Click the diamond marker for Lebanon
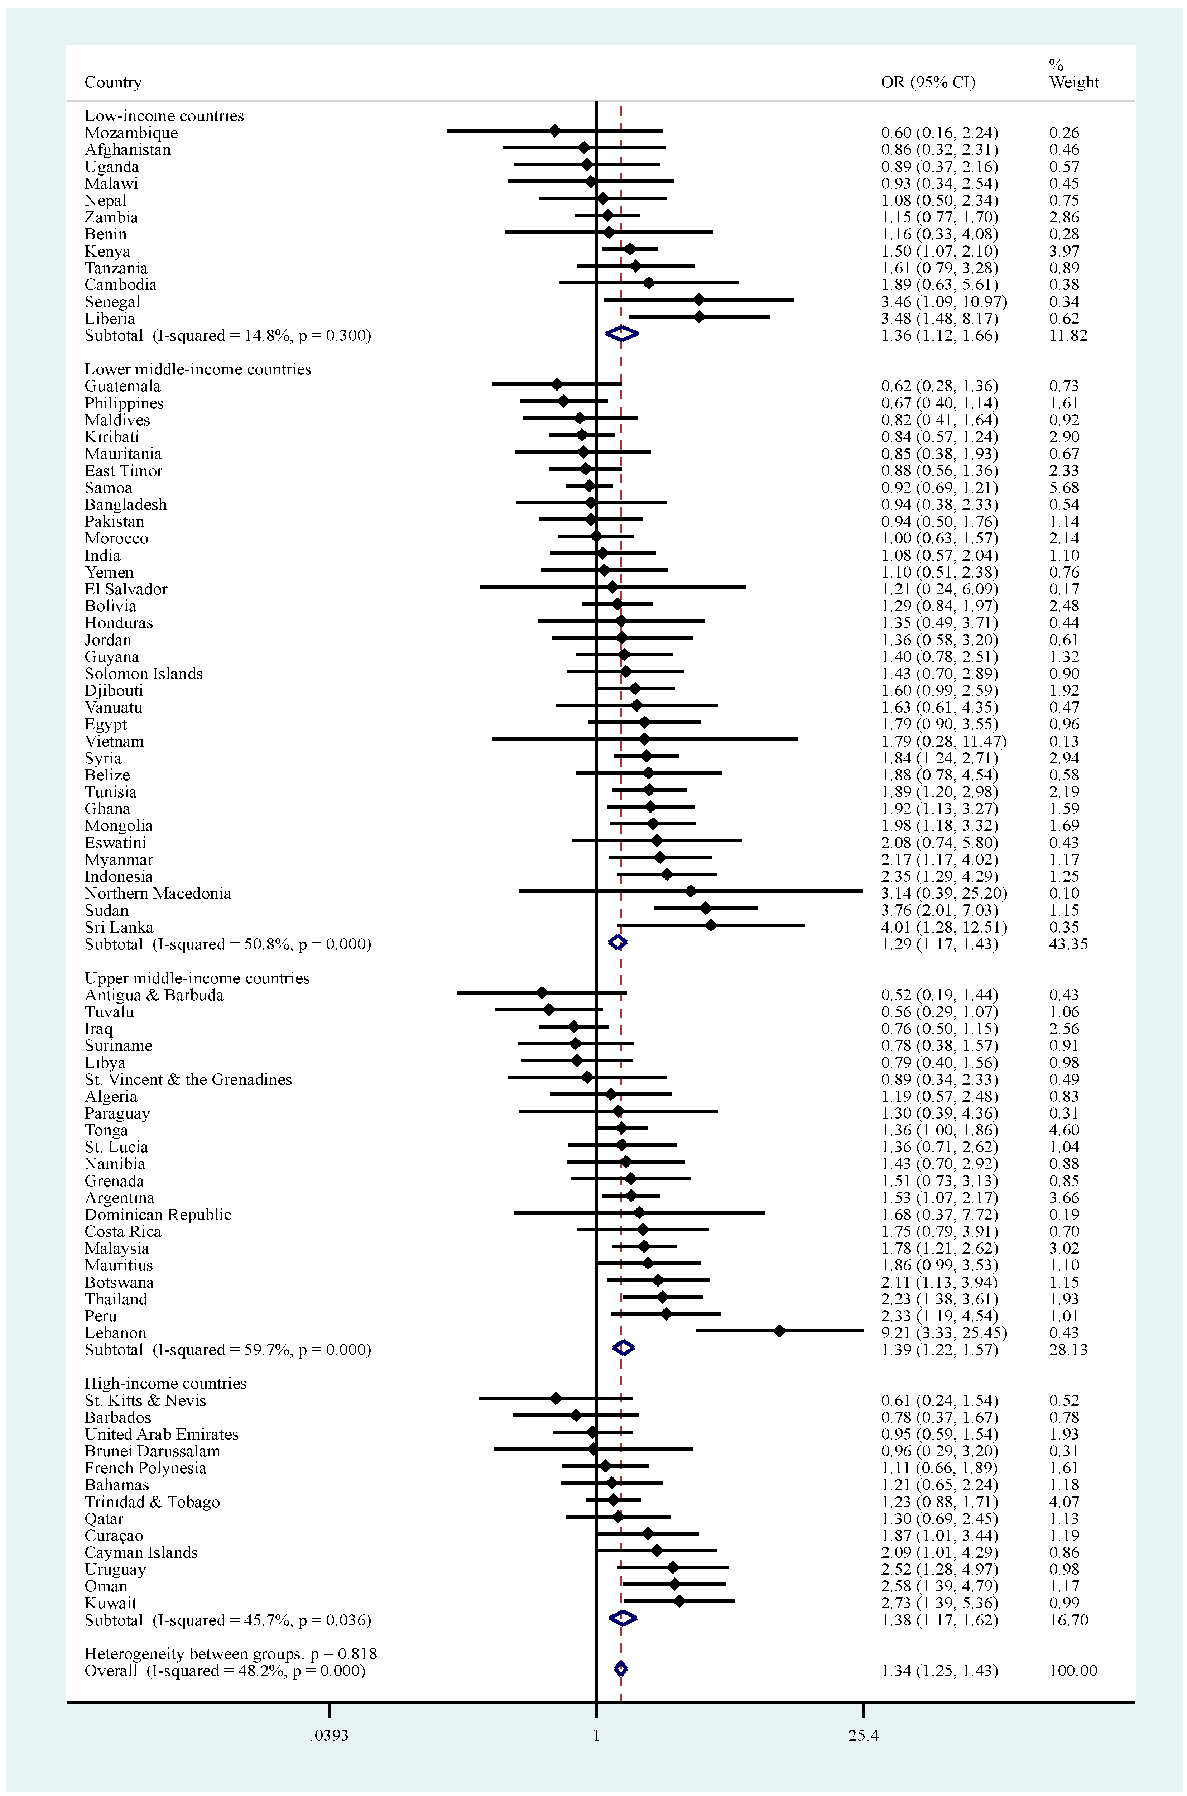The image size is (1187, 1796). [780, 1330]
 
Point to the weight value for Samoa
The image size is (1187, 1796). [1063, 488]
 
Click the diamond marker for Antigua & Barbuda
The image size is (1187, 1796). [541, 992]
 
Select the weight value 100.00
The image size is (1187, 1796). [1073, 1670]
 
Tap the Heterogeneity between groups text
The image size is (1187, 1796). [230, 1654]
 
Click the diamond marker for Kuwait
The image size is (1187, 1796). [679, 1601]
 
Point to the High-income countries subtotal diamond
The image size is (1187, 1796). [622, 1618]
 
